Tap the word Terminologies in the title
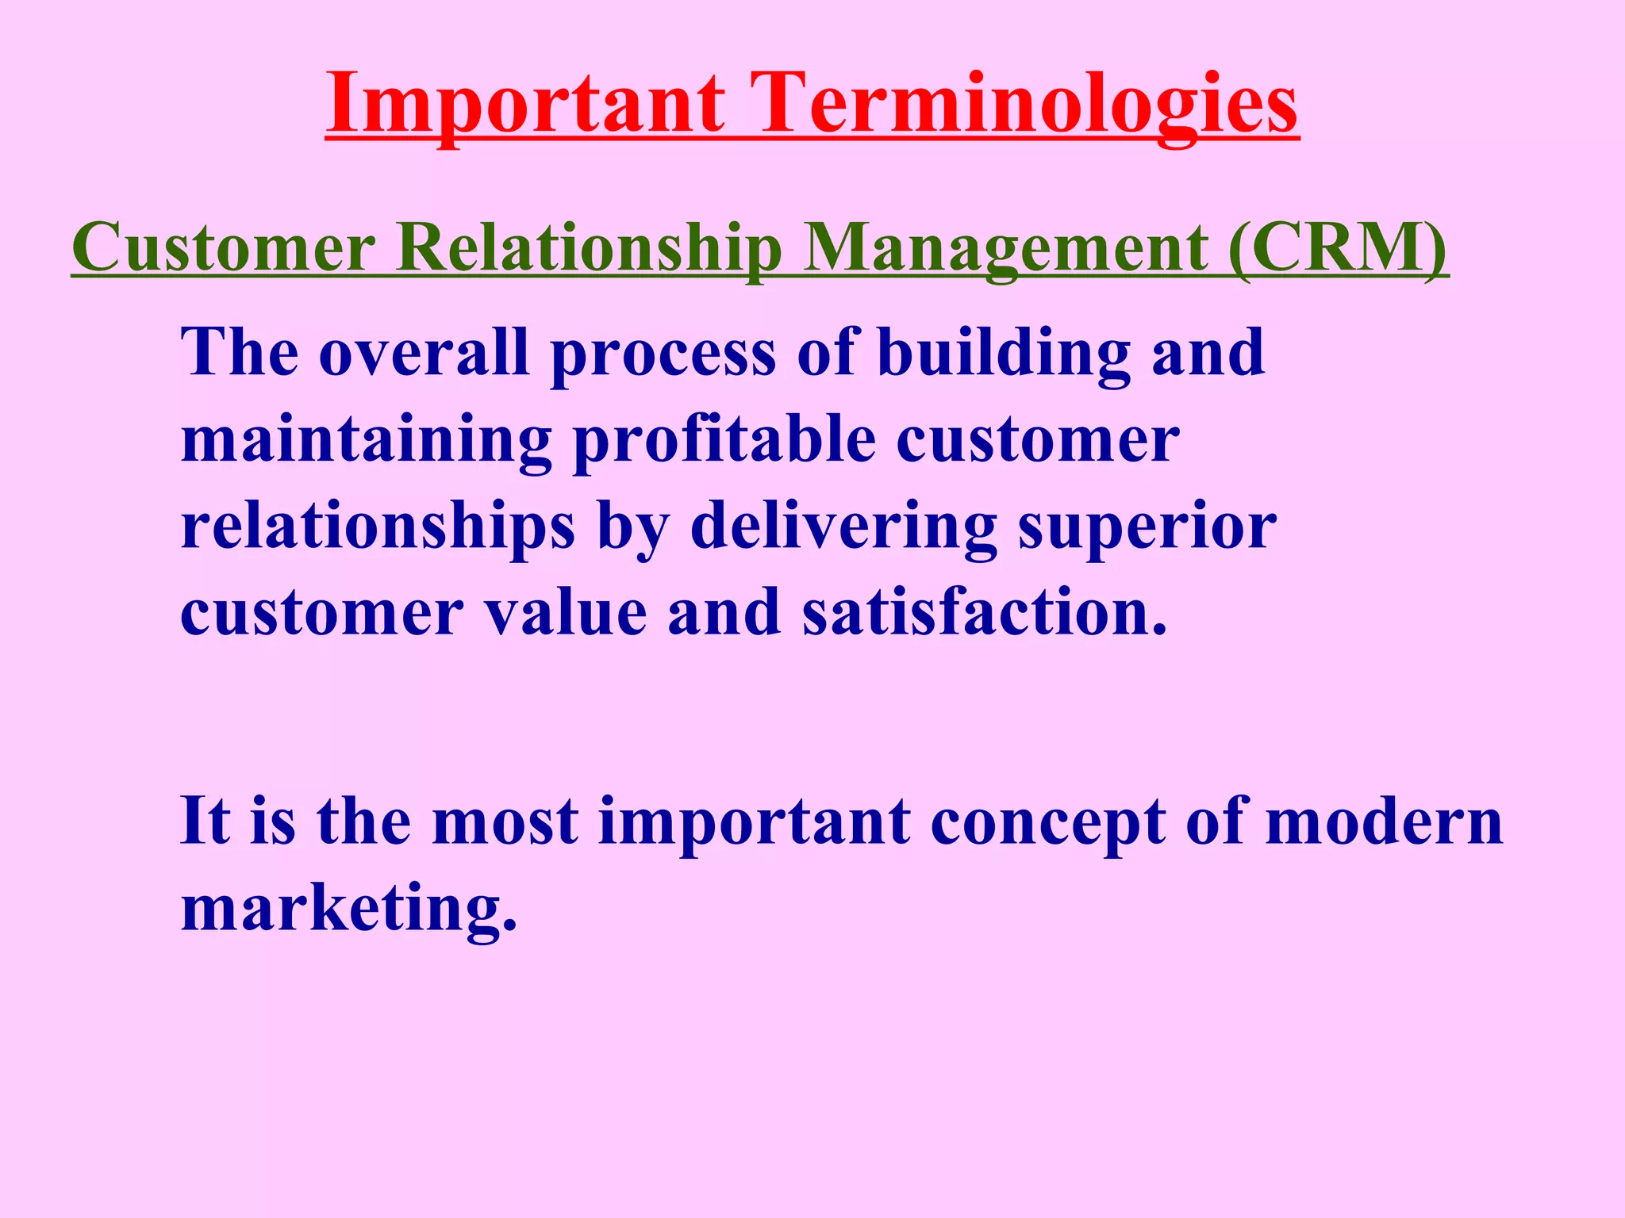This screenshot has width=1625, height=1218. click(x=1028, y=104)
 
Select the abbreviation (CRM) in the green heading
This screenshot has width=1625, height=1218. click(x=1337, y=248)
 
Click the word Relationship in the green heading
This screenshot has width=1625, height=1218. click(x=589, y=248)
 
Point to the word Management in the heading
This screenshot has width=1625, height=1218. click(x=1005, y=248)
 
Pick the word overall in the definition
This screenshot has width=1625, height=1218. click(x=424, y=352)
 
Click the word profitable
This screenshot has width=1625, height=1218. click(x=724, y=440)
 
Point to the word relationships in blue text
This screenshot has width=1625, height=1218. click(x=378, y=528)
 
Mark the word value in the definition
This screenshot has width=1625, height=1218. click(x=566, y=612)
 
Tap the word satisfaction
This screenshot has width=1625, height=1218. click(x=985, y=612)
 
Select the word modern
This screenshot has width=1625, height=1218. click(x=1385, y=822)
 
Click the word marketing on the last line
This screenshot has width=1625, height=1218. click(x=349, y=910)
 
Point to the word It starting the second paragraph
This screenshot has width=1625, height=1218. click(x=206, y=822)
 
